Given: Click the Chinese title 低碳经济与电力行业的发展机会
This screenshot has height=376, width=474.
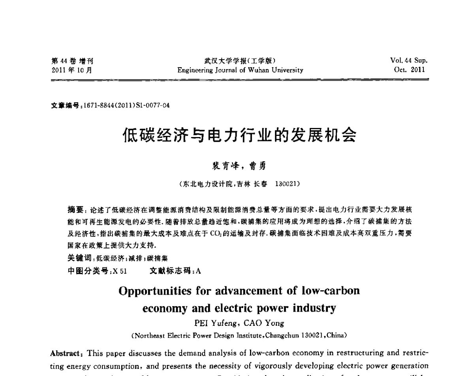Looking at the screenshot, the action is pyautogui.click(x=239, y=135).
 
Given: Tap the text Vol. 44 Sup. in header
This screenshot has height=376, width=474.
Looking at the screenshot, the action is pyautogui.click(x=409, y=61).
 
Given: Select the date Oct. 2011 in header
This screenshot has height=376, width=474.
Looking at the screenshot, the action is pyautogui.click(x=410, y=70).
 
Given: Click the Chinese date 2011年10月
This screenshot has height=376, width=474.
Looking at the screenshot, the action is pyautogui.click(x=72, y=70).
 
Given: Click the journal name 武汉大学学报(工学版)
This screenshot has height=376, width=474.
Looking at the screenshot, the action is pyautogui.click(x=240, y=61).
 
